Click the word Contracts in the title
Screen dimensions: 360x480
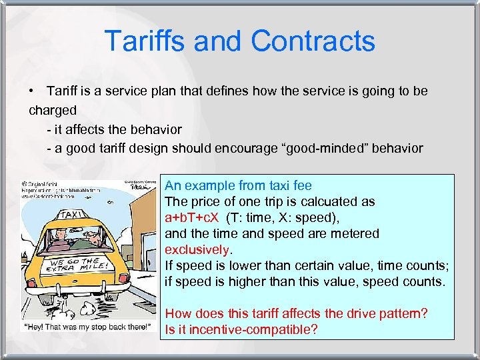(x=313, y=41)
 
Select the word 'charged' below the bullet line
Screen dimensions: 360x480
(x=53, y=110)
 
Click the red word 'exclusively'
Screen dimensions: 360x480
(x=197, y=249)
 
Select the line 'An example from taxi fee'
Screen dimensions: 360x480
(x=238, y=185)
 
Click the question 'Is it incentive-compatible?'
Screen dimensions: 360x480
(x=241, y=329)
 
